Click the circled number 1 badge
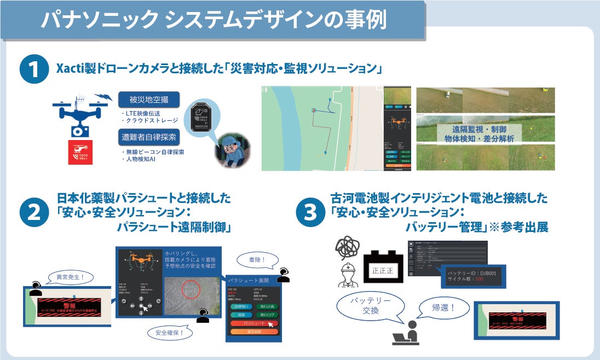click(33, 72)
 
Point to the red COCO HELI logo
click(79, 153)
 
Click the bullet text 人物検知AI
click(142, 159)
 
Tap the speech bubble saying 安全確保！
click(169, 331)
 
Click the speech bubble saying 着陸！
click(255, 259)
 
